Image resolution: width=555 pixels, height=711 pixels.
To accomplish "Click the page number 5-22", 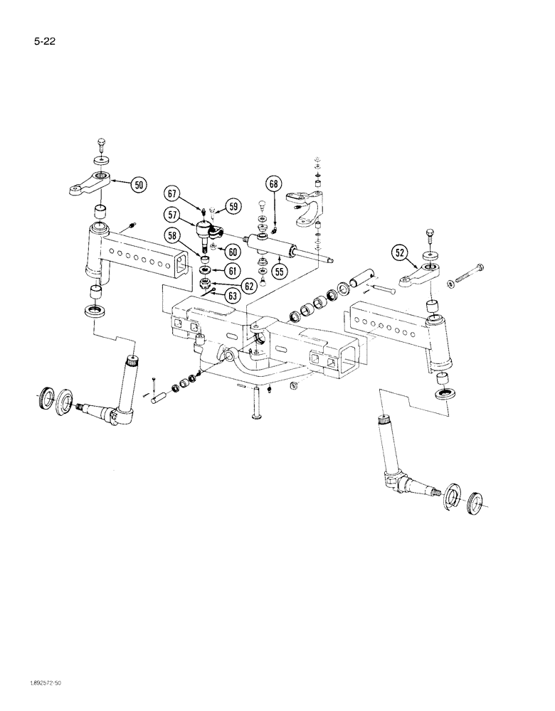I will pyautogui.click(x=44, y=42).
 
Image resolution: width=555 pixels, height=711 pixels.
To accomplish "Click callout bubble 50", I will pyautogui.click(x=139, y=186).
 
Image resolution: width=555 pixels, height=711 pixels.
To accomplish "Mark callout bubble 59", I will pyautogui.click(x=232, y=207).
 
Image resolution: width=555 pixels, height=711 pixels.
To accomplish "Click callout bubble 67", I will pyautogui.click(x=172, y=192).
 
